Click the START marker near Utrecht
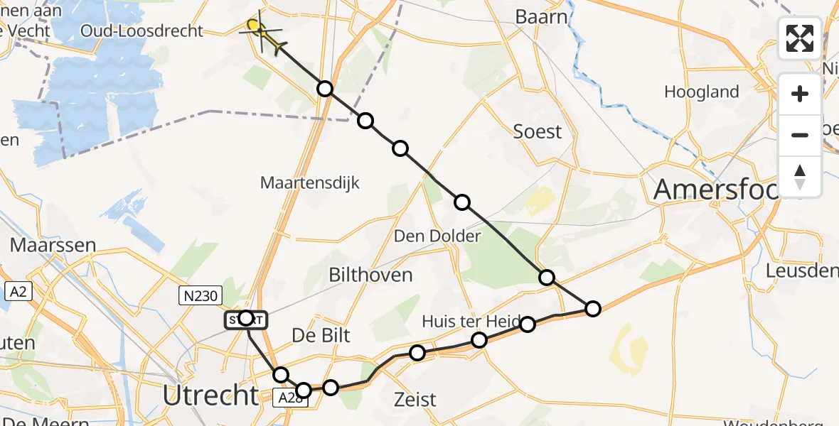[246, 320]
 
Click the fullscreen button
[800, 38]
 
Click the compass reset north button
[800, 177]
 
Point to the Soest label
[538, 131]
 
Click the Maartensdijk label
[310, 182]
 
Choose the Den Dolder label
[438, 235]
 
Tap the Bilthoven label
[370, 275]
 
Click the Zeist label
[415, 399]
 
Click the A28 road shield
[289, 399]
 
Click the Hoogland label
[701, 92]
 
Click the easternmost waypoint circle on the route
[592, 308]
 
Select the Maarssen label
[53, 246]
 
